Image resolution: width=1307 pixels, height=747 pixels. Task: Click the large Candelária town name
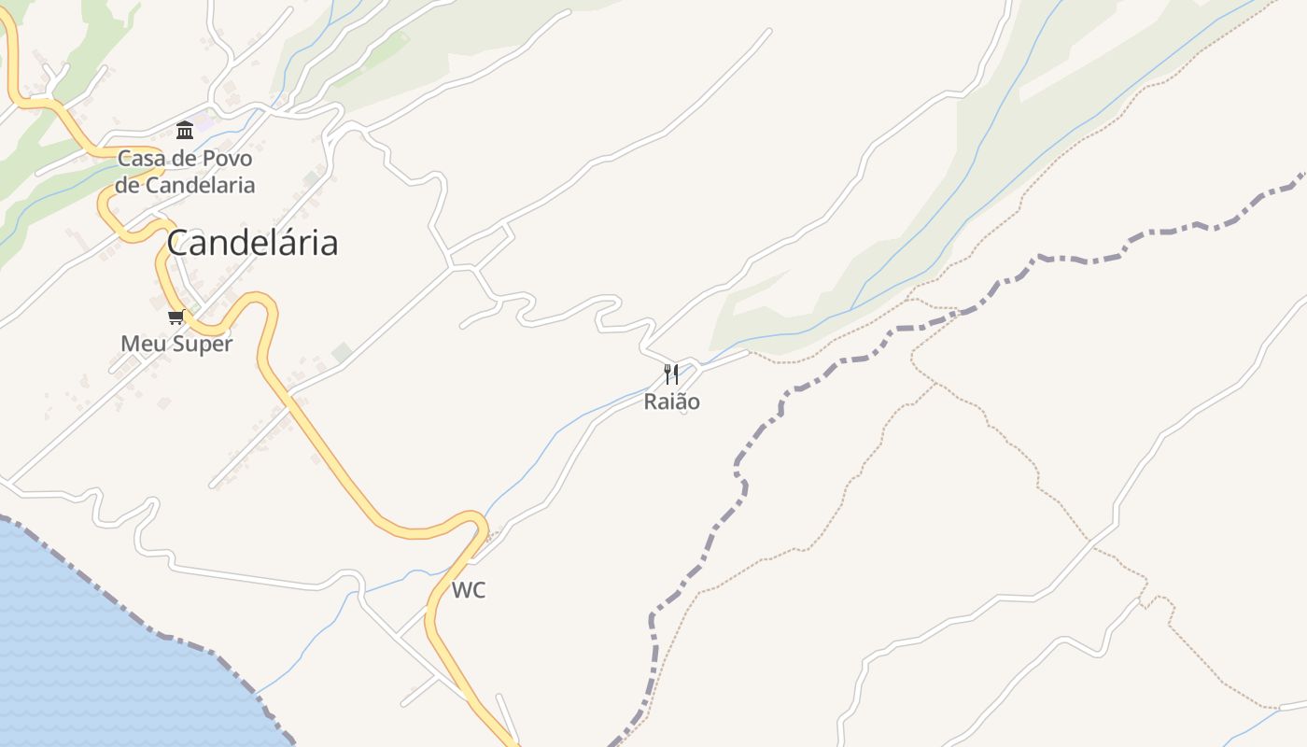[252, 243]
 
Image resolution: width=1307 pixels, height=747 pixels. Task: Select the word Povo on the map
[227, 159]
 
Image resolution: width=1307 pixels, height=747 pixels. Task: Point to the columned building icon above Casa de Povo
[185, 130]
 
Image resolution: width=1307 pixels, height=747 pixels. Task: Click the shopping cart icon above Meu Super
[176, 317]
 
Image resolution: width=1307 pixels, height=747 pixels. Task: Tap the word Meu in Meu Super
[140, 344]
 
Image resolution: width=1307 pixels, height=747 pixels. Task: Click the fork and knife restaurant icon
[671, 374]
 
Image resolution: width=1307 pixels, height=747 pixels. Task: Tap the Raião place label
[671, 402]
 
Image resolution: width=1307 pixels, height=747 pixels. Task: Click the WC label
[469, 590]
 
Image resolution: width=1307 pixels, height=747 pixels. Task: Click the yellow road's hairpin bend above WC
[476, 519]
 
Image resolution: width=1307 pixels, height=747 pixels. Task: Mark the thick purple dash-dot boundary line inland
[738, 467]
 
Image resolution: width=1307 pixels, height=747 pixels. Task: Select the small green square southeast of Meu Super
[343, 352]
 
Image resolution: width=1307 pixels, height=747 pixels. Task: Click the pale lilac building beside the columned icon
[204, 122]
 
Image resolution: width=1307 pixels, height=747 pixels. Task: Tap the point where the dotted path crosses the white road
[1088, 539]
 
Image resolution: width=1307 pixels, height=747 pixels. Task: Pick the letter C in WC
[478, 590]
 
